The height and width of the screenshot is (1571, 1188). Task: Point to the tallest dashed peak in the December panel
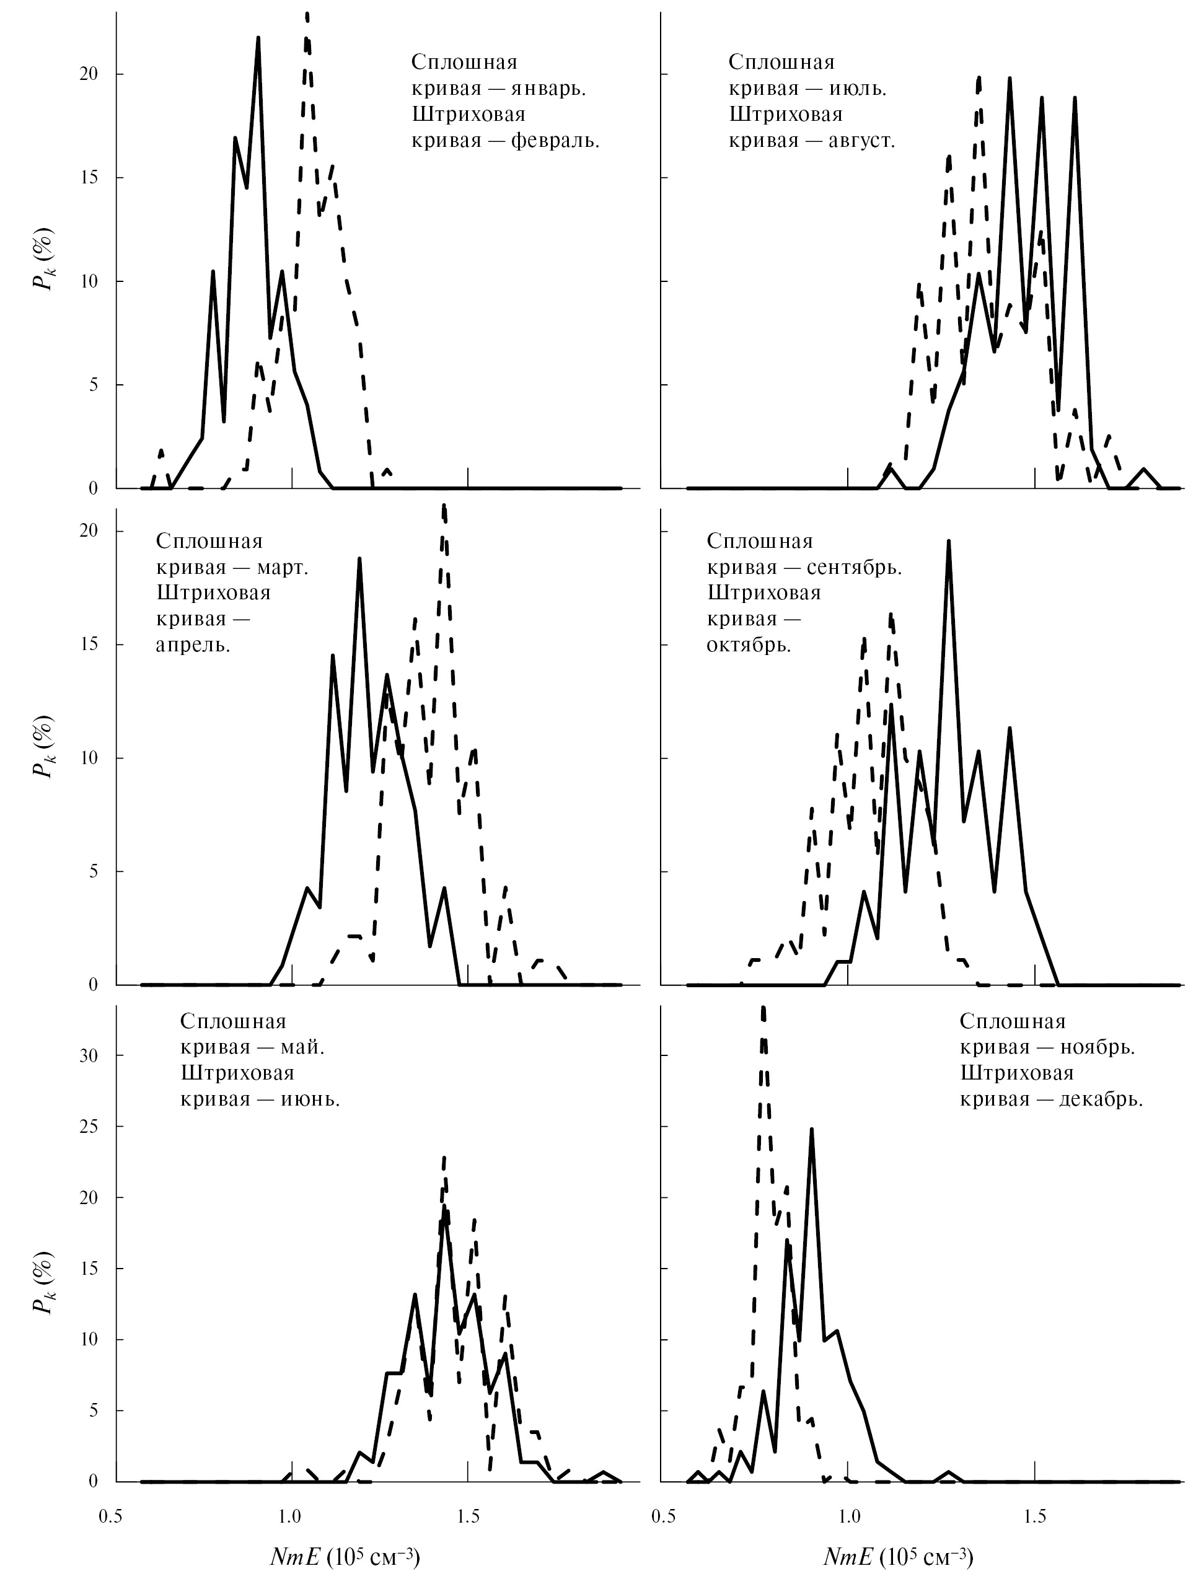click(763, 1008)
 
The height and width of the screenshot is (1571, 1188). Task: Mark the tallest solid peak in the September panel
click(948, 541)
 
